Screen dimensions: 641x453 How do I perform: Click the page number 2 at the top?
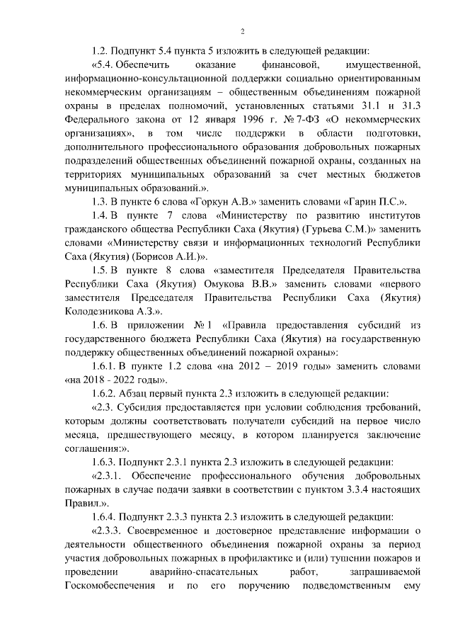pos(242,30)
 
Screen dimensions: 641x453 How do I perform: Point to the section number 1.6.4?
pos(105,514)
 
